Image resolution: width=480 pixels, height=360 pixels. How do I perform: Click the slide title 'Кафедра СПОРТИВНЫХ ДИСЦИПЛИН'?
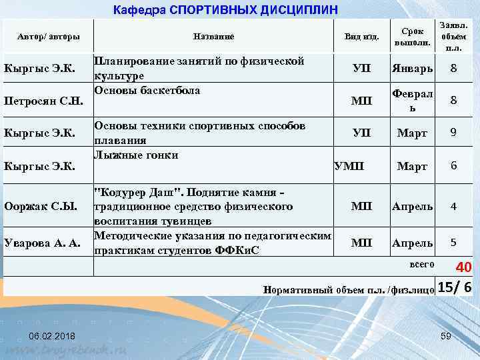[x=226, y=10]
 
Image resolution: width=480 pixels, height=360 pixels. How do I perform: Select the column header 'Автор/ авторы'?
[x=49, y=36]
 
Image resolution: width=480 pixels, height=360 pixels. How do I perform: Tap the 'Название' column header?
[x=213, y=36]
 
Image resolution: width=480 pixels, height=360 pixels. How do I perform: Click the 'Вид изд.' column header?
[x=361, y=36]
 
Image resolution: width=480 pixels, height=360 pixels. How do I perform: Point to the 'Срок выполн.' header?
[x=412, y=37]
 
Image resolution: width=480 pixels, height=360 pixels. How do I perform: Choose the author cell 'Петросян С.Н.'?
[x=43, y=101]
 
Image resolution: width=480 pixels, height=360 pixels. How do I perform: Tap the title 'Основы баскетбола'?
[x=147, y=90]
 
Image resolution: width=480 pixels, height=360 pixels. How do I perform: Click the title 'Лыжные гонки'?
[x=136, y=155]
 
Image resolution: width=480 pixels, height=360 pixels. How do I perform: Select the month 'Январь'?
[x=412, y=69]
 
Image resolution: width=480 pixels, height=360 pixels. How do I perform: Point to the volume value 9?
[x=453, y=133]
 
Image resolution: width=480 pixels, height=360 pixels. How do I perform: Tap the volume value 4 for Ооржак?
[x=453, y=206]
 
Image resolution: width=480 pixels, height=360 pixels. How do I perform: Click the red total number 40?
[x=463, y=267]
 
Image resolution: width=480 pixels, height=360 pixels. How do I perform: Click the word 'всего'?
[x=421, y=265]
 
